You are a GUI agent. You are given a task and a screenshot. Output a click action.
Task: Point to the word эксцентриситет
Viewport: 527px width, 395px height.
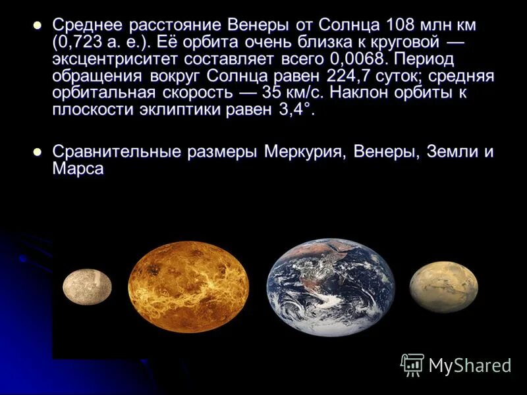tap(111, 60)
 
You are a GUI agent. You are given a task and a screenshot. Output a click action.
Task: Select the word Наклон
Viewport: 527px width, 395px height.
tap(361, 93)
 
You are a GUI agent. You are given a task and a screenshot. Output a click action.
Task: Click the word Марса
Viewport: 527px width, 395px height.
tap(78, 169)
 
